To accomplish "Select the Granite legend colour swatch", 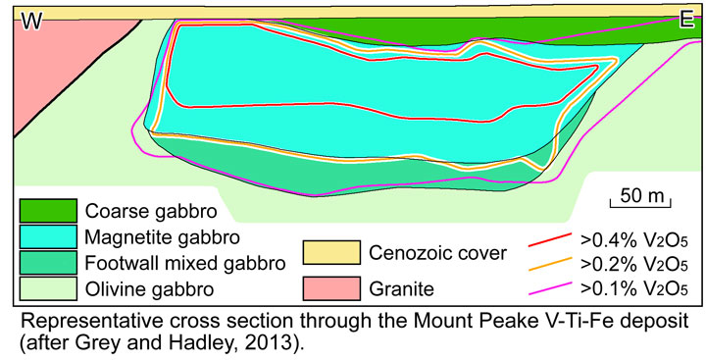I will (x=331, y=288).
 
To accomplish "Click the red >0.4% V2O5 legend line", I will (x=550, y=237).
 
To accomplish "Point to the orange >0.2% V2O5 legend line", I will (x=550, y=263).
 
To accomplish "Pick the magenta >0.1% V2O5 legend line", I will (x=550, y=288).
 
